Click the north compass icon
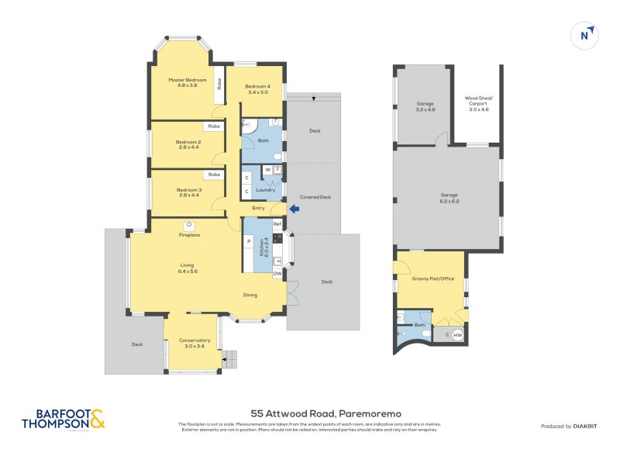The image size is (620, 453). point(587,35)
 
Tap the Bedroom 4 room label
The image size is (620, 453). point(257,89)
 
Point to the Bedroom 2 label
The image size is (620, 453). point(188,144)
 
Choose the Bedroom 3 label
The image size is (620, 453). point(188,192)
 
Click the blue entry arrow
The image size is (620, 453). point(294,208)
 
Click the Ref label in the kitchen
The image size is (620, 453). point(277,224)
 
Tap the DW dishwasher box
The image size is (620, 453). point(277,273)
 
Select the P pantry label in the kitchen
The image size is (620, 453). point(249,241)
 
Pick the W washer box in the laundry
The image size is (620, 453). point(267,169)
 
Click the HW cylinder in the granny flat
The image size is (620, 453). point(458,334)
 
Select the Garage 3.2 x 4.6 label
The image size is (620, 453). point(425,106)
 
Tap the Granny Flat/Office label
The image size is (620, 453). point(432,278)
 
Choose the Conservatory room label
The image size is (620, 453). point(195,343)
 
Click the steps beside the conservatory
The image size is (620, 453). point(230,358)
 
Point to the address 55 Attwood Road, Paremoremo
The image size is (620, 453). point(309,414)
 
